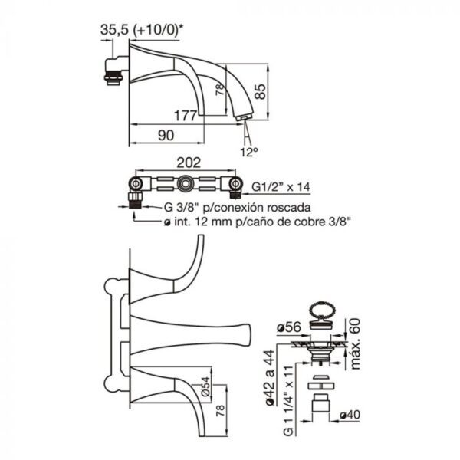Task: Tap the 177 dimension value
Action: click(x=185, y=116)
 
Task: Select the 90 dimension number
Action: click(x=166, y=135)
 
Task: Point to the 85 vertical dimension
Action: click(x=260, y=91)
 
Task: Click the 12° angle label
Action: click(x=249, y=152)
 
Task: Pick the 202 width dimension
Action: click(x=189, y=163)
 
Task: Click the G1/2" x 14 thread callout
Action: click(x=281, y=186)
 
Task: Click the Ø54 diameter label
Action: click(x=206, y=386)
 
